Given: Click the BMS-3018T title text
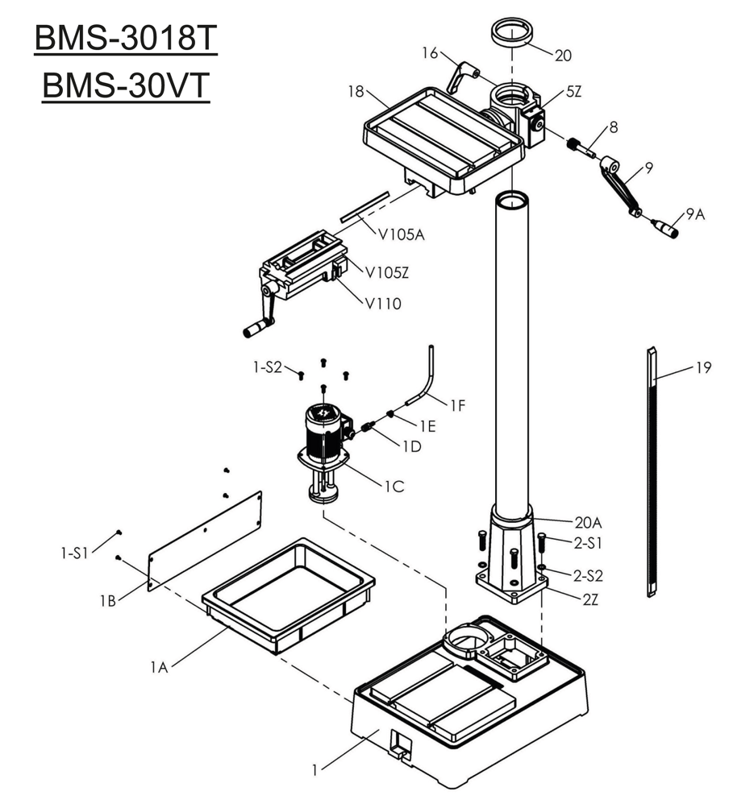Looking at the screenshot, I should tap(125, 39).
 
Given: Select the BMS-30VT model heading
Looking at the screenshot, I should tap(125, 87).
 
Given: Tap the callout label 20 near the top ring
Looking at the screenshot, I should tap(563, 55).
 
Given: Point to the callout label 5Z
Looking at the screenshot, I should tap(573, 92).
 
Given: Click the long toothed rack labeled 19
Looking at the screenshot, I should tap(652, 471).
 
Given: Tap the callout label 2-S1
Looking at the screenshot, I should tap(588, 543).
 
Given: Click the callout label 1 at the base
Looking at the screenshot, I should tap(315, 770).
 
